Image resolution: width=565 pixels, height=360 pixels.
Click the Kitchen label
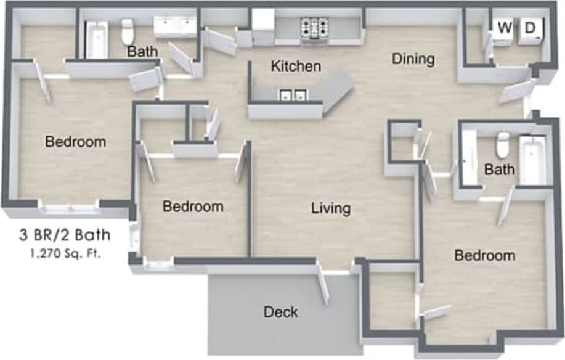[x=296, y=65]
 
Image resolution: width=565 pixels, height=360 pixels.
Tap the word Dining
[x=413, y=59]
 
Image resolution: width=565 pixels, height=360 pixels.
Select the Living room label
[x=330, y=208]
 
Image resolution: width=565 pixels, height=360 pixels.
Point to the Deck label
[x=281, y=312]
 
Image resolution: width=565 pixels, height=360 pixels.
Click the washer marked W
[x=505, y=28]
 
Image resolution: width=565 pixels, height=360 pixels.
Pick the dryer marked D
[x=530, y=28]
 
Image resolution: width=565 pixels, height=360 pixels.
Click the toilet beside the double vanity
[x=128, y=31]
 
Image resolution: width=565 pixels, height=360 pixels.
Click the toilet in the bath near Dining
[x=503, y=144]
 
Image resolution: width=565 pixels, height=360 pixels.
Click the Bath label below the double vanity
[x=142, y=51]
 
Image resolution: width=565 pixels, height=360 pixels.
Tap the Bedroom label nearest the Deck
[x=193, y=207]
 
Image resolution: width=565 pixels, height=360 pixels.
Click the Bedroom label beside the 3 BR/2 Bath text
[x=76, y=142]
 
